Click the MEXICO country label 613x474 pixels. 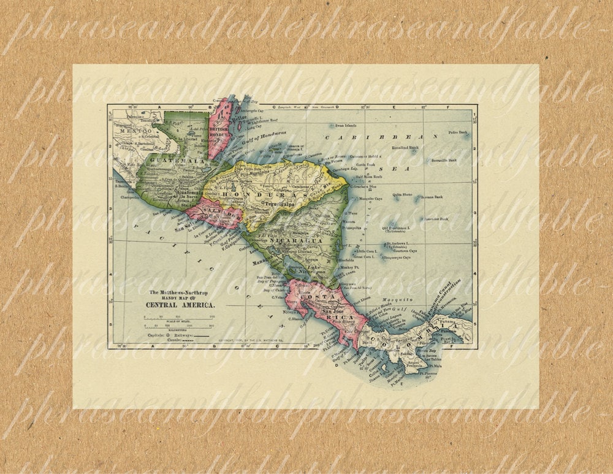(x=135, y=131)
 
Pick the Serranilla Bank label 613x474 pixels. (x=443, y=160)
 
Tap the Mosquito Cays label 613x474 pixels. (x=370, y=199)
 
